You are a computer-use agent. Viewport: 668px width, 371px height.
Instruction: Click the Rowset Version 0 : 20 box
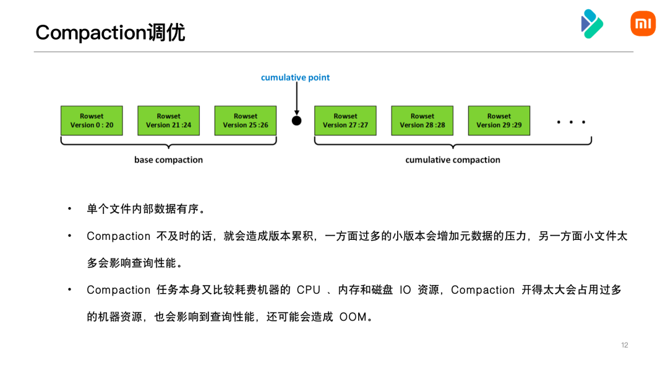[92, 121]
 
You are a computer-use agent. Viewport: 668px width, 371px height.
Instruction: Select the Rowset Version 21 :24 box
[168, 121]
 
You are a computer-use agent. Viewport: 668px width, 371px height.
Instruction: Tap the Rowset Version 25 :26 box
[246, 121]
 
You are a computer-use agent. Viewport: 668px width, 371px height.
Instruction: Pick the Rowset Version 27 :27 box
[345, 121]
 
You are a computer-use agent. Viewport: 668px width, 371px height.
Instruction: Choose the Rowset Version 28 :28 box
[422, 121]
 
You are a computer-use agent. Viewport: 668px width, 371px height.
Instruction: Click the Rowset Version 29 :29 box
[499, 121]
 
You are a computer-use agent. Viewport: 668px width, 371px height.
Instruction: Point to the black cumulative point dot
[297, 121]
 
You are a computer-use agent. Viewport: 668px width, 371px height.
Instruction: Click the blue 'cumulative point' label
[295, 77]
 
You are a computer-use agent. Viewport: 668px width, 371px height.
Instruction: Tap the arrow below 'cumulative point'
[297, 99]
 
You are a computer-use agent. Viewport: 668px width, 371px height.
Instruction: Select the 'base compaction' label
[168, 160]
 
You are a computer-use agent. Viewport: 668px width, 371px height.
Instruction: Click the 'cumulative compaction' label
[453, 160]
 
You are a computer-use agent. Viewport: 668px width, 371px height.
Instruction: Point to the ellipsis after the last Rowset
[571, 122]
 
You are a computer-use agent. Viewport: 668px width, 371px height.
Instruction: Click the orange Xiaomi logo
[643, 23]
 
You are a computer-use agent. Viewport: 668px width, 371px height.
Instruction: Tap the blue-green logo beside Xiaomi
[592, 23]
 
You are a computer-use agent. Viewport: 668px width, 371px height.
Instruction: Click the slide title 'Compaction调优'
[110, 32]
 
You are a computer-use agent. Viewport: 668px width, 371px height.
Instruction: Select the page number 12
[624, 345]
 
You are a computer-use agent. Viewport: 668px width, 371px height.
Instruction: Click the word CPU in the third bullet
[309, 290]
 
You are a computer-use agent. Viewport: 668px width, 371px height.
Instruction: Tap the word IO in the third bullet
[405, 290]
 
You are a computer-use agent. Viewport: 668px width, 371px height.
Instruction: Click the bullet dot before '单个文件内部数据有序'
[71, 209]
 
